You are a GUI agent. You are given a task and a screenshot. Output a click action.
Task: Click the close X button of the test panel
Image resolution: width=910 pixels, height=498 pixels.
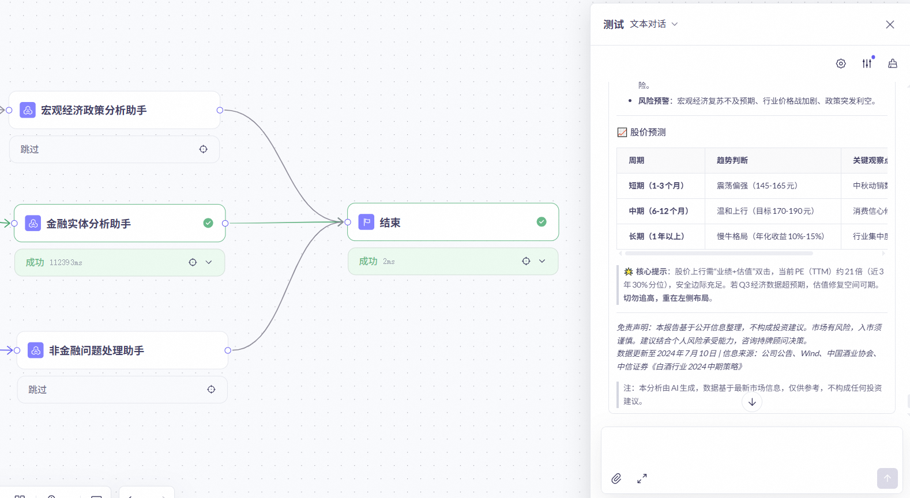(x=890, y=24)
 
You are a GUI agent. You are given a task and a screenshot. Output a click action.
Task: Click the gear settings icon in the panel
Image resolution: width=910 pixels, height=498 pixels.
(x=841, y=63)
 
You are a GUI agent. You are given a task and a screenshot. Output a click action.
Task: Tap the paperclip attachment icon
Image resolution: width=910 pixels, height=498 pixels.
(x=616, y=478)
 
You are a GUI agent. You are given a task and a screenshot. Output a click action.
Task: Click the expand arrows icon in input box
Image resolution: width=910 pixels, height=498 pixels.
(x=642, y=478)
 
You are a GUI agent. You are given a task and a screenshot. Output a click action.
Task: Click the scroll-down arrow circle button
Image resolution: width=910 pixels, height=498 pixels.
(x=752, y=402)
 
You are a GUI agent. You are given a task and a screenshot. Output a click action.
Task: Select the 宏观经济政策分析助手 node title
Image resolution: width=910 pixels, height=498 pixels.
(x=93, y=110)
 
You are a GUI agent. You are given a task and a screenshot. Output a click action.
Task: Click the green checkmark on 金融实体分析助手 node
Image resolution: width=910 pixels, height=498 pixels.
(x=208, y=223)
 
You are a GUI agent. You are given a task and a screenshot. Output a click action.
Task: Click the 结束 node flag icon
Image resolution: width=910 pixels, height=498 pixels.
(x=366, y=222)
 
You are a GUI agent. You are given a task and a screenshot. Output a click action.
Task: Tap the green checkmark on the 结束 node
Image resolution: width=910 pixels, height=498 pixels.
(x=542, y=222)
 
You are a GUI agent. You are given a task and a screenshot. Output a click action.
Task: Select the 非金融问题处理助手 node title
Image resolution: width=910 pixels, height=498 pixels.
(x=96, y=350)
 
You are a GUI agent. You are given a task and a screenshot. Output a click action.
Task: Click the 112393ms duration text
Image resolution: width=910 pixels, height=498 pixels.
(x=66, y=263)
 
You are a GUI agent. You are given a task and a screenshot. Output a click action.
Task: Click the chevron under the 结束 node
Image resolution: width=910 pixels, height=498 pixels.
(x=542, y=261)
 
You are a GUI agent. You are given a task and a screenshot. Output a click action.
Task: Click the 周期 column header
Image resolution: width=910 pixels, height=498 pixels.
(x=637, y=160)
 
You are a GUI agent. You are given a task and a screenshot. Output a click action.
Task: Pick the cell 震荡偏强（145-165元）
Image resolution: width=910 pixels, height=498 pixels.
(x=757, y=186)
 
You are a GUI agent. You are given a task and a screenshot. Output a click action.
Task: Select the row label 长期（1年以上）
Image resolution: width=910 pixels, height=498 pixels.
(x=656, y=236)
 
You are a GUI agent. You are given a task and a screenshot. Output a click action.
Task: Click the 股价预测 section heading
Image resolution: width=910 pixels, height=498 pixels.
(x=648, y=132)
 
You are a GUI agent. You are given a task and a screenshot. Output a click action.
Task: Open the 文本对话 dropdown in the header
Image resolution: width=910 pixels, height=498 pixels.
(x=653, y=24)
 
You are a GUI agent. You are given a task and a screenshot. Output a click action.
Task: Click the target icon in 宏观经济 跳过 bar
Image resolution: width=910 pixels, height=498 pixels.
(x=204, y=149)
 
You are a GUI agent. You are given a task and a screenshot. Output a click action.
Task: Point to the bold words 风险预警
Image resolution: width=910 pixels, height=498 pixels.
(x=654, y=101)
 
